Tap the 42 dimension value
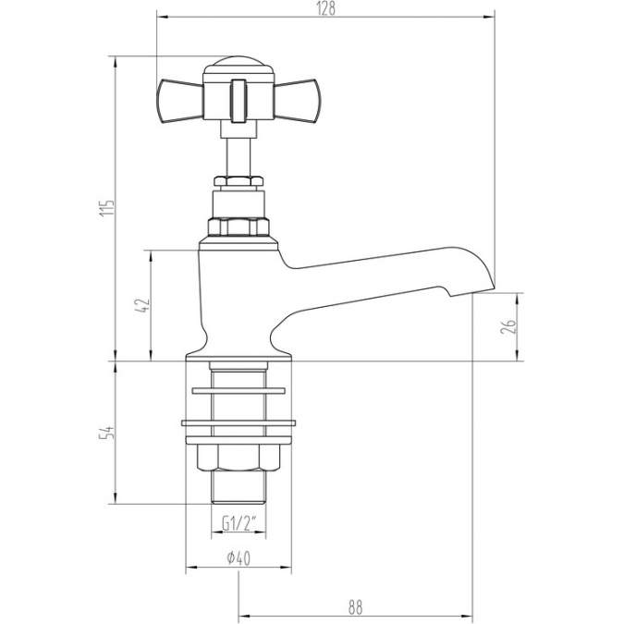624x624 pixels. point(141,306)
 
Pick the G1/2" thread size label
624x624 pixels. point(238,524)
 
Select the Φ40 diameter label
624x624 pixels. point(238,557)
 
